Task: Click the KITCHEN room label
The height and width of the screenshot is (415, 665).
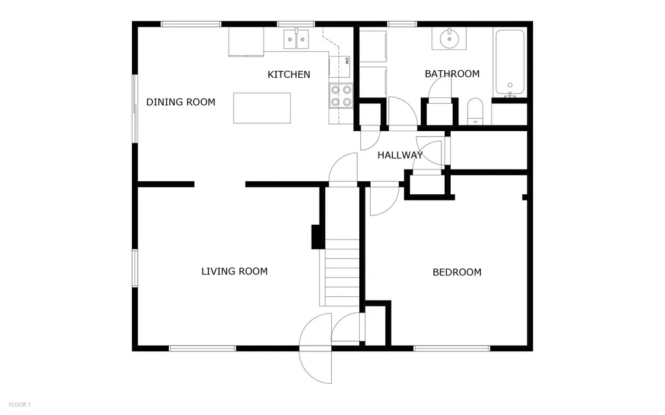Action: tap(289, 75)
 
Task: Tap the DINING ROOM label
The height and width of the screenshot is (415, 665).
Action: tap(181, 102)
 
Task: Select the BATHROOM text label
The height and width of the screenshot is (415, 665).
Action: tap(452, 74)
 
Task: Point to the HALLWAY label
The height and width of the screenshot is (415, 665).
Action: tap(400, 155)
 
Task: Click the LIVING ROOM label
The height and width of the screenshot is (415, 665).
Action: tap(234, 271)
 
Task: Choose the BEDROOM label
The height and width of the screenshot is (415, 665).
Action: tap(457, 272)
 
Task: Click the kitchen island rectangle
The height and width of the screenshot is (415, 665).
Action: tap(262, 108)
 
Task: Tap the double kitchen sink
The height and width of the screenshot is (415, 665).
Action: tap(296, 39)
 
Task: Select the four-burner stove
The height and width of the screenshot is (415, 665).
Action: tap(342, 96)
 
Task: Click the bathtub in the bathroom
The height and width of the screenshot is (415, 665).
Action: tap(510, 62)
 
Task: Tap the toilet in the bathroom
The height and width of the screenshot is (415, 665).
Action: tap(475, 112)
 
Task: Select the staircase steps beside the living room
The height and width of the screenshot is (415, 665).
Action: tap(342, 272)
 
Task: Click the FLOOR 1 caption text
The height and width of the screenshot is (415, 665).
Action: tap(19, 405)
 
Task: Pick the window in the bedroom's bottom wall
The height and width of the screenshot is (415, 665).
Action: tap(452, 349)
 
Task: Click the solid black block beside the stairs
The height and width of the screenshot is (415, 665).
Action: tap(318, 237)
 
